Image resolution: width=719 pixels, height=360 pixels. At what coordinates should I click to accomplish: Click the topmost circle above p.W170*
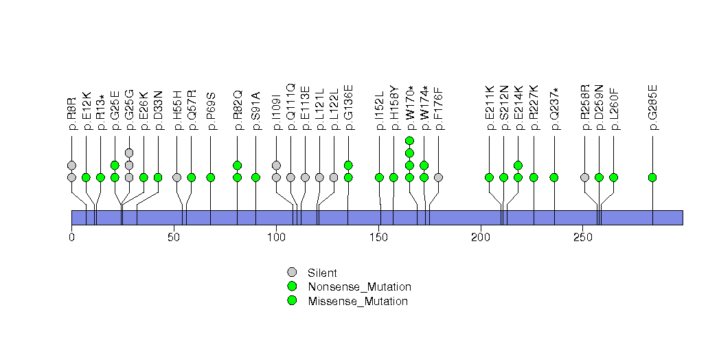click(409, 141)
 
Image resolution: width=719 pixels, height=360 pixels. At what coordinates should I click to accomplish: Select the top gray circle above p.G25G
click(129, 153)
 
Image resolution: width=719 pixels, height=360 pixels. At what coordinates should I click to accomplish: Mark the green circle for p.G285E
click(652, 177)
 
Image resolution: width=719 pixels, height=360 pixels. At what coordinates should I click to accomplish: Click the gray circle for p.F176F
click(439, 177)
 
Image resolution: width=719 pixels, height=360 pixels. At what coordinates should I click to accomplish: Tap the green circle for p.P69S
click(211, 177)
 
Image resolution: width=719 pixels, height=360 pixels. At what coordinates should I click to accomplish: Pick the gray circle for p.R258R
click(584, 177)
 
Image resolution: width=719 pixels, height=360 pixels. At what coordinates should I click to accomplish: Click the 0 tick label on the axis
click(71, 237)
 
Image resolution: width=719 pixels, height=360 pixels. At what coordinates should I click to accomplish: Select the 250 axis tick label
click(582, 237)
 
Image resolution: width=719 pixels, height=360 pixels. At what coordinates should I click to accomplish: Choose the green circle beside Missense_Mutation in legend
click(292, 301)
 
